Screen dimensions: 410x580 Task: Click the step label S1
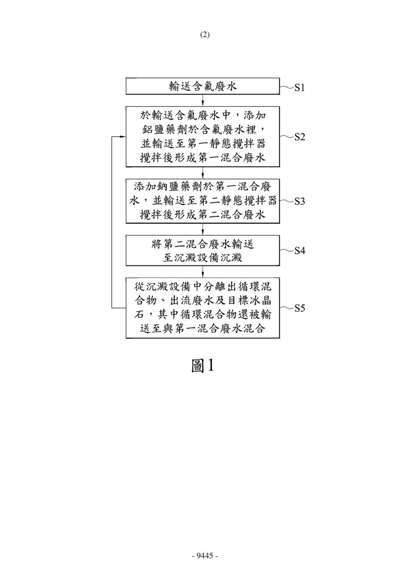click(300, 88)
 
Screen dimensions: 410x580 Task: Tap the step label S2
click(300, 137)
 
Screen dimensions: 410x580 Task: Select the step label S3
click(300, 201)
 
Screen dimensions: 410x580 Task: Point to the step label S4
click(300, 251)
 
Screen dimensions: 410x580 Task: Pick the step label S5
click(300, 308)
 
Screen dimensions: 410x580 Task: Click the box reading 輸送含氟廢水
click(203, 86)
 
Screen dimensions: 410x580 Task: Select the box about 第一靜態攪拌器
click(203, 136)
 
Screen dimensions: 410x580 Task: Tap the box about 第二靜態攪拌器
click(203, 201)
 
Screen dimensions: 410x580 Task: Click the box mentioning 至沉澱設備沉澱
click(203, 250)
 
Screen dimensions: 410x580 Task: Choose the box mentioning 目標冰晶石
click(203, 308)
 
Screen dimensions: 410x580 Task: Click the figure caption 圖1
click(203, 365)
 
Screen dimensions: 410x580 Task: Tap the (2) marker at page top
click(205, 35)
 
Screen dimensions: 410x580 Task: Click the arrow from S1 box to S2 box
click(203, 100)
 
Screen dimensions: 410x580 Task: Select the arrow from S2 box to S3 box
click(203, 173)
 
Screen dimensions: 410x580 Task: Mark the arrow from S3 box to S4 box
click(203, 229)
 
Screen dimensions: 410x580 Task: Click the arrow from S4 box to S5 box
click(203, 272)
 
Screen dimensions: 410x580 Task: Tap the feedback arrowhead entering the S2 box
click(123, 136)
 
